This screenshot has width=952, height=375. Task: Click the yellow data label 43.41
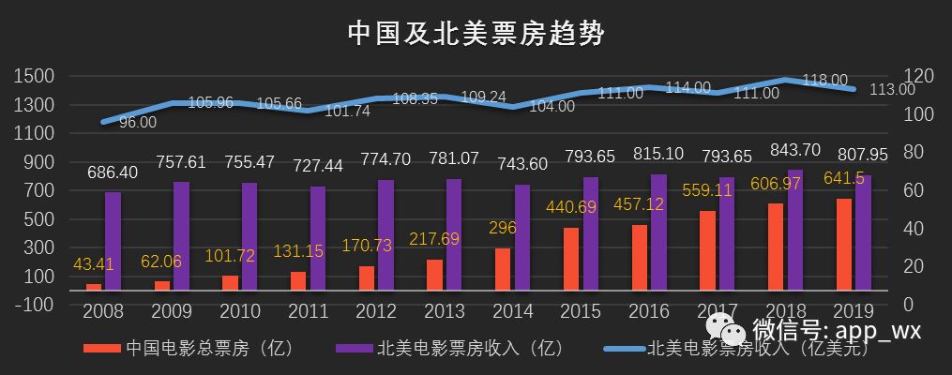[x=93, y=264]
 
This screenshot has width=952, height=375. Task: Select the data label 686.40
[x=113, y=172]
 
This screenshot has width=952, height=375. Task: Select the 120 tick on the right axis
[x=915, y=76]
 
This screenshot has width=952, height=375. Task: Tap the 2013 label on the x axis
[x=445, y=311]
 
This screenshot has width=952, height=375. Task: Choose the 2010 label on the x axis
[x=239, y=311]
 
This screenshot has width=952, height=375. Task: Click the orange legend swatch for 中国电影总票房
[x=102, y=349]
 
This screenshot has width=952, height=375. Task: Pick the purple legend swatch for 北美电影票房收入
[x=354, y=349]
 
